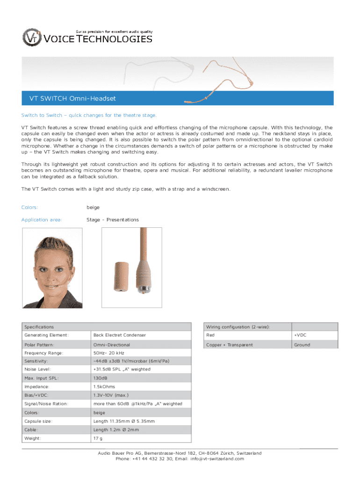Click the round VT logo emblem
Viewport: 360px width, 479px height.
[x=32, y=37]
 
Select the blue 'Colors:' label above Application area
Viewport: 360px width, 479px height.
[x=29, y=207]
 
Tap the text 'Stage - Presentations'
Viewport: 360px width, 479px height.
[x=113, y=219]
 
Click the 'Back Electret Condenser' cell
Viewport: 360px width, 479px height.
[x=120, y=335]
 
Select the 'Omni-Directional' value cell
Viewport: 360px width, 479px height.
[x=112, y=345]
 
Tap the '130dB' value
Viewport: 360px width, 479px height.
[x=101, y=377]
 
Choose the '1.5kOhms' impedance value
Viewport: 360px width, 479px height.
[x=104, y=387]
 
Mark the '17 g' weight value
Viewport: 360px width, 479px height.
[x=98, y=438]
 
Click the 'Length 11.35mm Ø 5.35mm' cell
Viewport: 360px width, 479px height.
[x=124, y=421]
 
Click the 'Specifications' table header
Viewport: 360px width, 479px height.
[x=39, y=327]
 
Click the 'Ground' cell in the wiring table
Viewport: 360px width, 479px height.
[x=302, y=345]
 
